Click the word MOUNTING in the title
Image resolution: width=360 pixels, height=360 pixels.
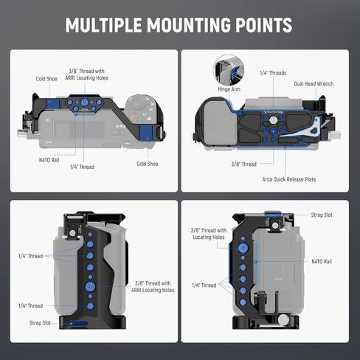coord(189,25)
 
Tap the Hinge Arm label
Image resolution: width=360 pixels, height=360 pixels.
coord(229,89)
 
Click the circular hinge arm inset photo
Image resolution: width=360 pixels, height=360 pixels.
coord(229,70)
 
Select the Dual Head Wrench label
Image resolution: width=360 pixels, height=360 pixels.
coord(314,83)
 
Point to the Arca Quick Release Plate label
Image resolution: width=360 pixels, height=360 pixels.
coord(289,179)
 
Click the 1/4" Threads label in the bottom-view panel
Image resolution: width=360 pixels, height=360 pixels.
coord(273,73)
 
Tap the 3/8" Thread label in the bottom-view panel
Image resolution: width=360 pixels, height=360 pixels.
coord(243,165)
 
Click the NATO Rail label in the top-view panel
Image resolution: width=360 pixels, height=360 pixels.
coord(49,160)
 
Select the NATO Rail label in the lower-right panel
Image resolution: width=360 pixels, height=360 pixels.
coord(322,261)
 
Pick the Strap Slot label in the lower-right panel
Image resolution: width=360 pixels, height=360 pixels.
coord(322,215)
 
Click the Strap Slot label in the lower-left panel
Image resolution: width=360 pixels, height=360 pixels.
coord(40,323)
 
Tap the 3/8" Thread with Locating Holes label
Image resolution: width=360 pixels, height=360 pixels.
coord(209,234)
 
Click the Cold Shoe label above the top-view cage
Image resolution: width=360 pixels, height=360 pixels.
coord(46,79)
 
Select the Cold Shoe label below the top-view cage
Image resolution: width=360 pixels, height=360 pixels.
coord(148,164)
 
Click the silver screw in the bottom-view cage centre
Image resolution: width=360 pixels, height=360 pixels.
coord(273,120)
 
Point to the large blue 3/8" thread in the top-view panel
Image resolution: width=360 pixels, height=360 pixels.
coord(84,102)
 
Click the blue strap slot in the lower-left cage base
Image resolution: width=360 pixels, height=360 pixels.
coord(78,323)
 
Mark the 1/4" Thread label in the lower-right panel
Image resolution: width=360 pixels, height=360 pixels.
coord(204,285)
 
